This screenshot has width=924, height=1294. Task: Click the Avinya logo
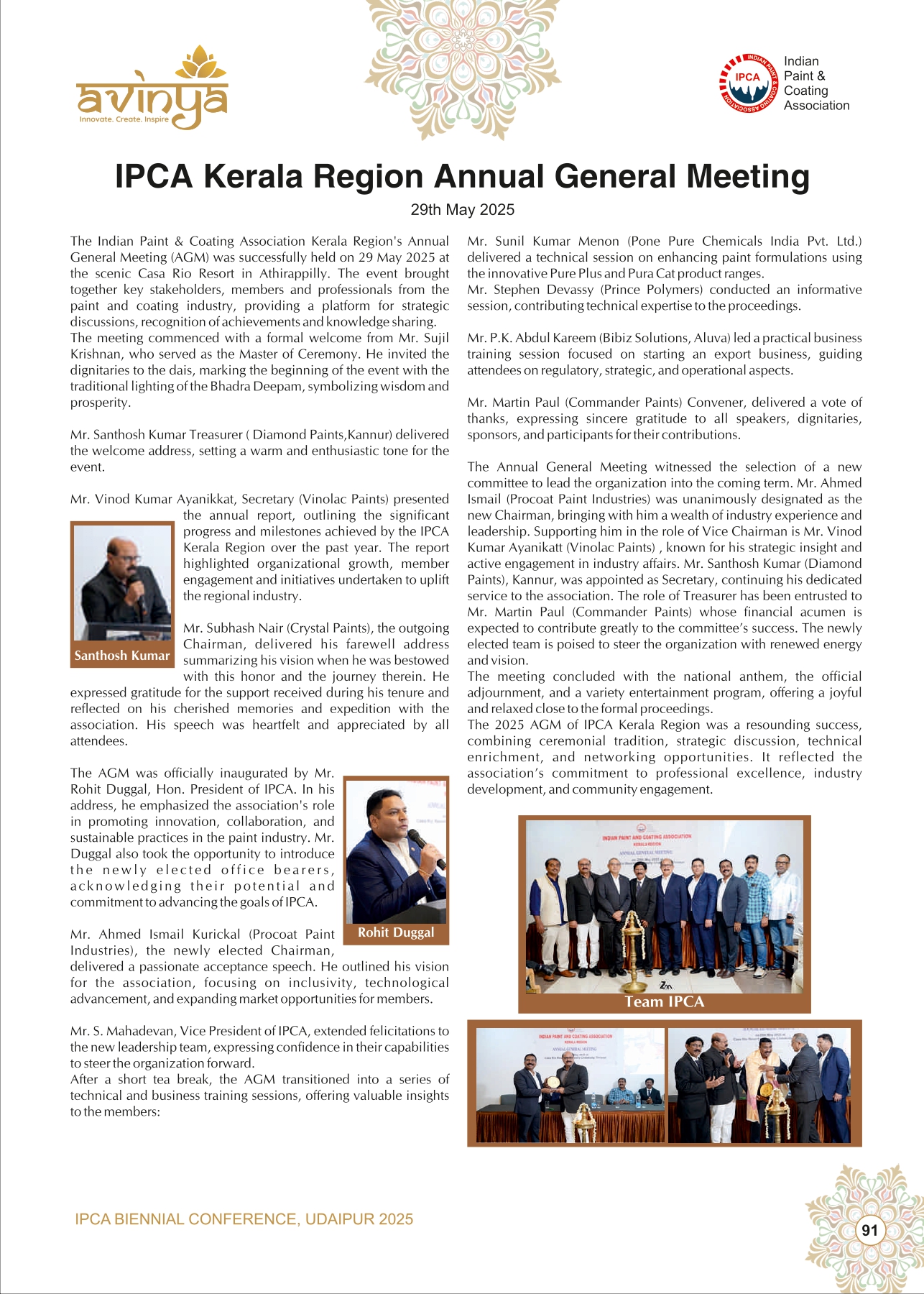[x=152, y=91]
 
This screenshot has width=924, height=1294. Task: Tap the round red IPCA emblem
[x=748, y=83]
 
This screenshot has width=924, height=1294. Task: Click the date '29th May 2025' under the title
[x=462, y=210]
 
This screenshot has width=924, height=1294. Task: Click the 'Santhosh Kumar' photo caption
[x=122, y=656]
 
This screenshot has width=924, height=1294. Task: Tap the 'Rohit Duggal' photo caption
[x=396, y=932]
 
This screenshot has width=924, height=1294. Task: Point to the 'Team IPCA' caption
[x=664, y=1002]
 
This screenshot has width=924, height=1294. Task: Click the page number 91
[x=869, y=1230]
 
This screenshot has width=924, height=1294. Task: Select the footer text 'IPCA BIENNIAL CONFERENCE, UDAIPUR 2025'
[x=244, y=1219]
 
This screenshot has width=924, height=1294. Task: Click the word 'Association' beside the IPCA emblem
[x=816, y=106]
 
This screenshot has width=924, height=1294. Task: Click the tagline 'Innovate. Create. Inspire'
[x=124, y=119]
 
